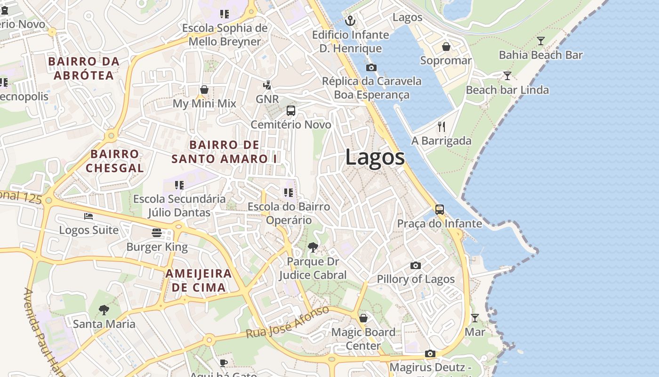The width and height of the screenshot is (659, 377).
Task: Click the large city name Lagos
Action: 375,157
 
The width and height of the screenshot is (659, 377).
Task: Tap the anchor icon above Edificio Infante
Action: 350,20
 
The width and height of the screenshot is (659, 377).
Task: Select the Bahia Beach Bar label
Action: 540,55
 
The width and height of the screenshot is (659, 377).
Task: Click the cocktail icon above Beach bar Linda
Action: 507,75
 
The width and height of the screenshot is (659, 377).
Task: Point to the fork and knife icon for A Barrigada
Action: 441,126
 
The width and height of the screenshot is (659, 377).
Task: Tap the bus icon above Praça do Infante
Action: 439,210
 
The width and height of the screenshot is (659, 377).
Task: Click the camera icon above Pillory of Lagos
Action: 415,266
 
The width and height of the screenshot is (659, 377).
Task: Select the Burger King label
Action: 157,247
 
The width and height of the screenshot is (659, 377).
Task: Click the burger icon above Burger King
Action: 157,233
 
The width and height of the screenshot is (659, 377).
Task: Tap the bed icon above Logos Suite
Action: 88,216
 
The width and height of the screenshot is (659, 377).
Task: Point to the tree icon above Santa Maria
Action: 104,310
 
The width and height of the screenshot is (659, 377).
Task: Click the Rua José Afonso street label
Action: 287,322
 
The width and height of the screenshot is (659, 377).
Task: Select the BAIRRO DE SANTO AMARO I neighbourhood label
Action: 224,152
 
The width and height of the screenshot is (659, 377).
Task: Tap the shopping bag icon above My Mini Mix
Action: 204,90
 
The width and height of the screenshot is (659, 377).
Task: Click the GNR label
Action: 267,99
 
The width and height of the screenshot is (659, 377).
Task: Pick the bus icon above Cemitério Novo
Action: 291,111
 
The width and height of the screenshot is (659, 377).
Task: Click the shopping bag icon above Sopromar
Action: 446,47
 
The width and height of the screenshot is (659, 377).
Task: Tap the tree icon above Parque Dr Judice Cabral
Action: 313,247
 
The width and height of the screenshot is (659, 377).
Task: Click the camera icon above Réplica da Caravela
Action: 371,67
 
